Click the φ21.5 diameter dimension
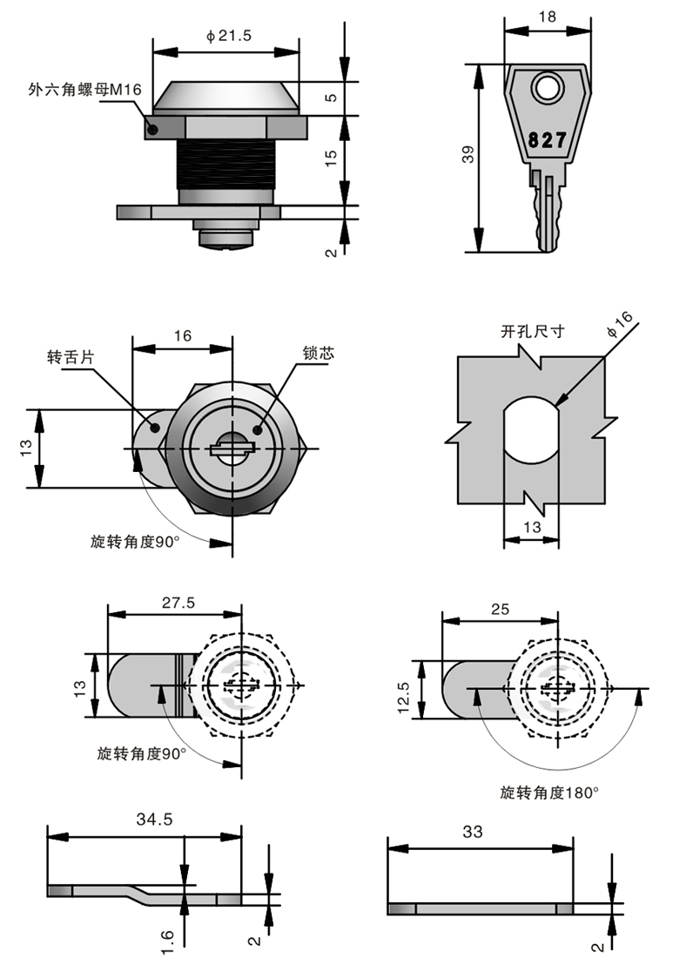(x=228, y=36)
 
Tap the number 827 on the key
(x=547, y=139)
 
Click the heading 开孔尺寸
(x=533, y=332)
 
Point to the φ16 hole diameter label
(x=621, y=324)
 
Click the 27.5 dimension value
(x=178, y=602)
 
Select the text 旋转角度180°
(x=549, y=793)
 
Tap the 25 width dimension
(x=500, y=609)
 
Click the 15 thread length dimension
(x=330, y=158)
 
